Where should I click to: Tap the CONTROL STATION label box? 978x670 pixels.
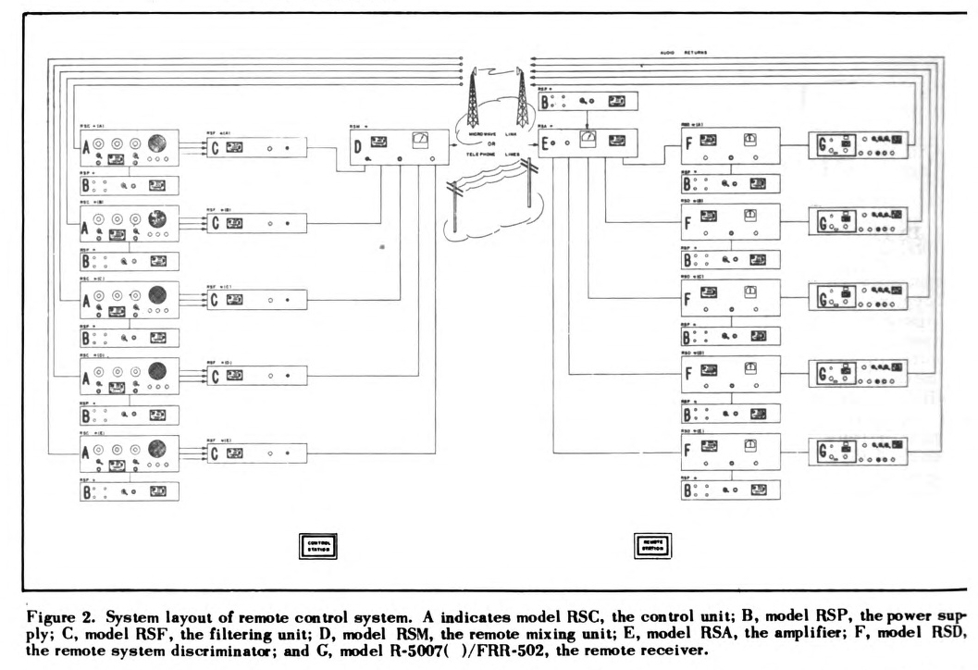[318, 545]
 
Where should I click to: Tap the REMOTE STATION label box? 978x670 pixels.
[651, 545]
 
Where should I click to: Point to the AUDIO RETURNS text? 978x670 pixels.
[683, 53]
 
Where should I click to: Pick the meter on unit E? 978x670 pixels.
[587, 139]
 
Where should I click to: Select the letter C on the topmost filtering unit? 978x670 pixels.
[216, 147]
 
